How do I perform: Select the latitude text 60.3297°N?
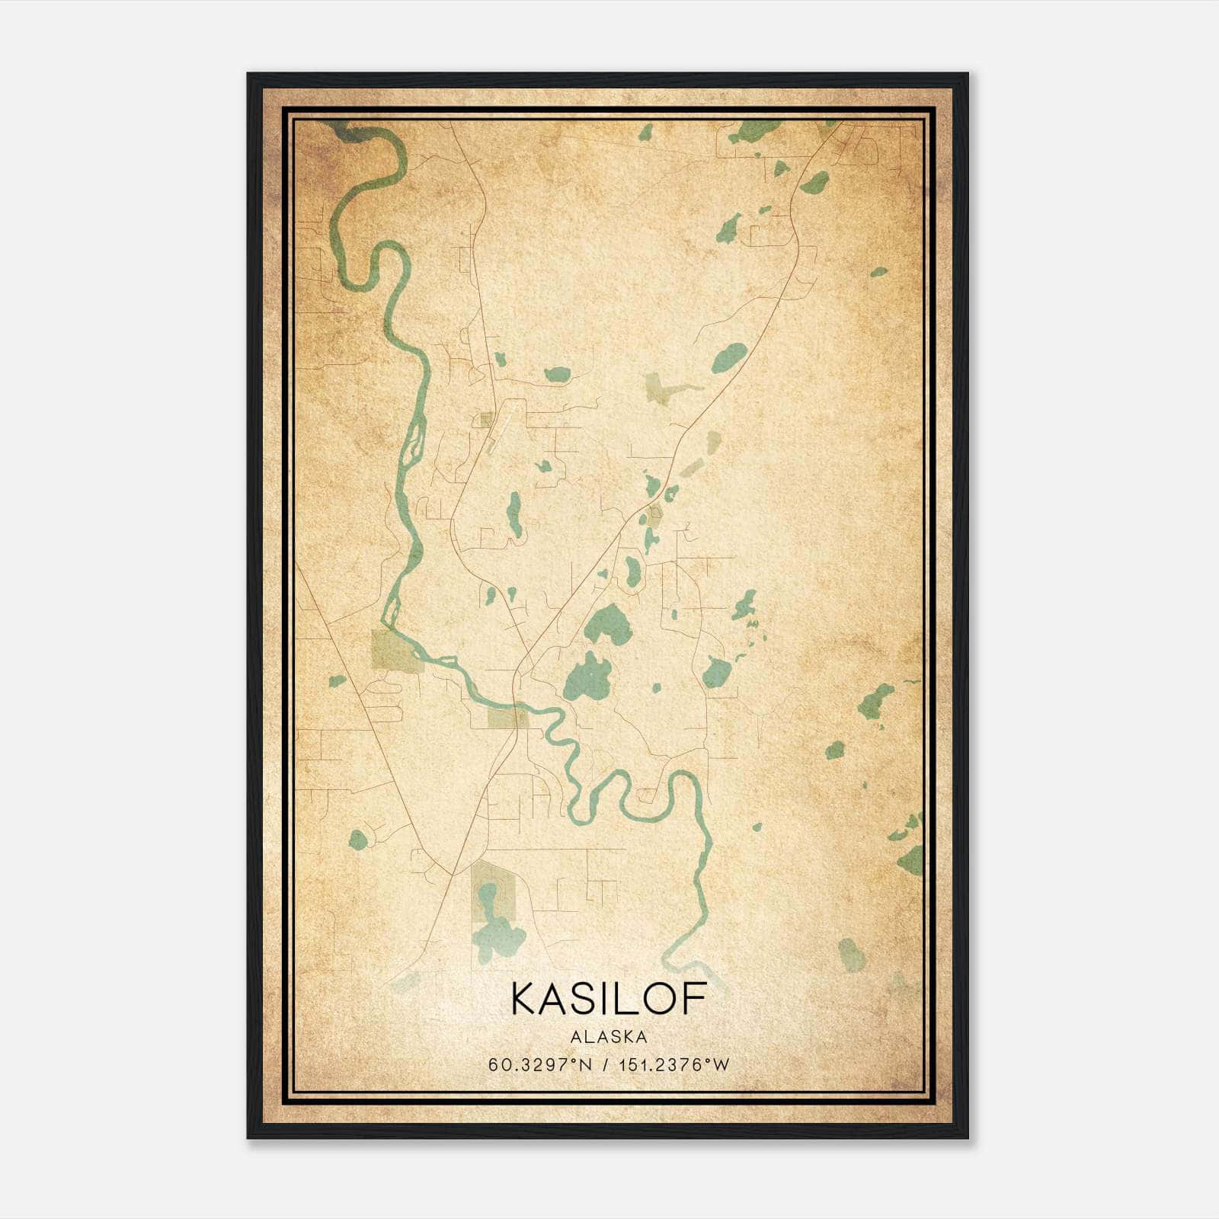coord(540,1064)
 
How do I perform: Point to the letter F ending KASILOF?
coord(695,998)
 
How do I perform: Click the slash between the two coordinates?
coord(605,1064)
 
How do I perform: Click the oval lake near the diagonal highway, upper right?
coord(730,357)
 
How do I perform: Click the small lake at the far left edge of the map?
coord(336,681)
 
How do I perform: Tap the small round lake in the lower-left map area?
coord(357,840)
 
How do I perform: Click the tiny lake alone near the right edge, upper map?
coord(878,271)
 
